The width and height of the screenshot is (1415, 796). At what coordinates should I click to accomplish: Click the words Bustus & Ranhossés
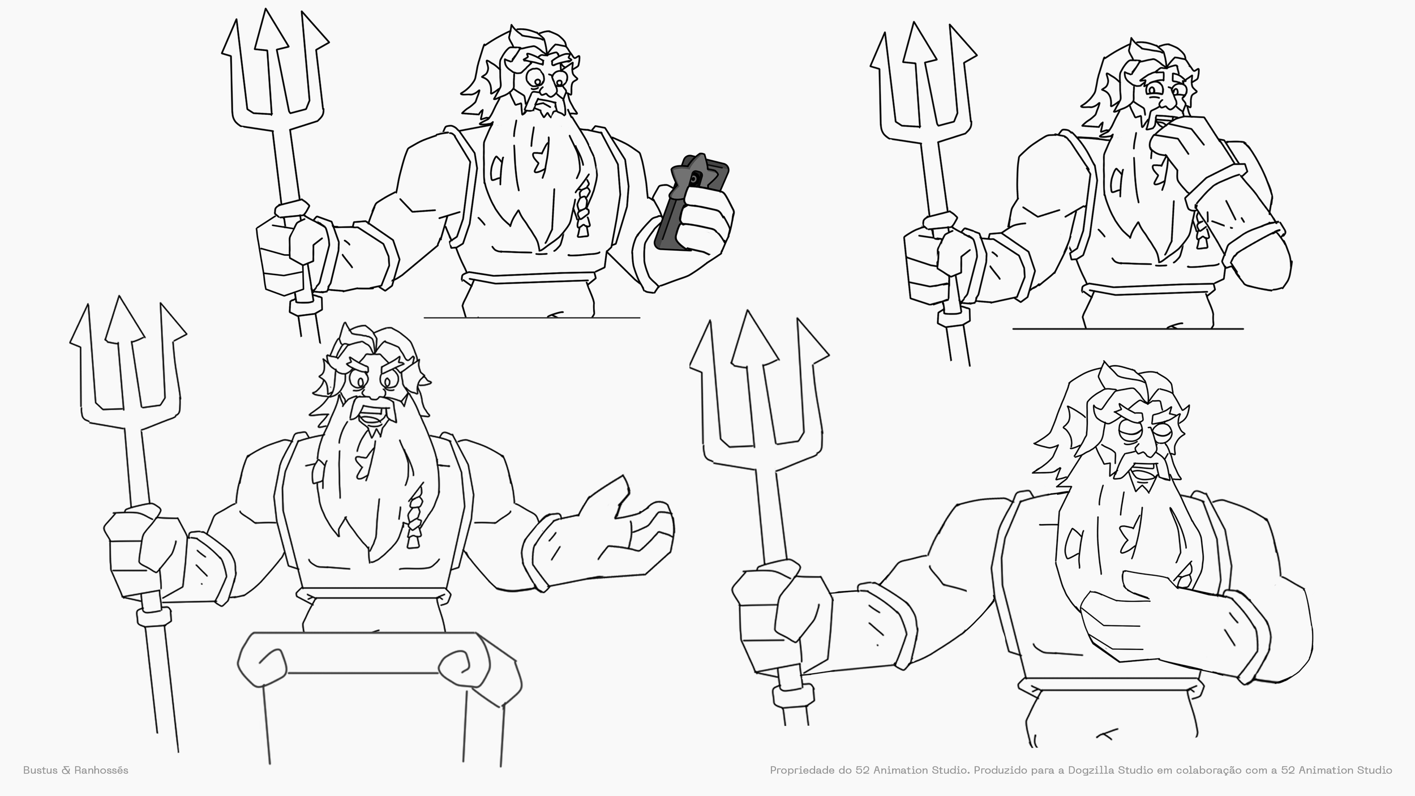click(76, 770)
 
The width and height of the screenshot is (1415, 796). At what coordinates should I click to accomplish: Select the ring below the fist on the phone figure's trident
click(306, 306)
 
